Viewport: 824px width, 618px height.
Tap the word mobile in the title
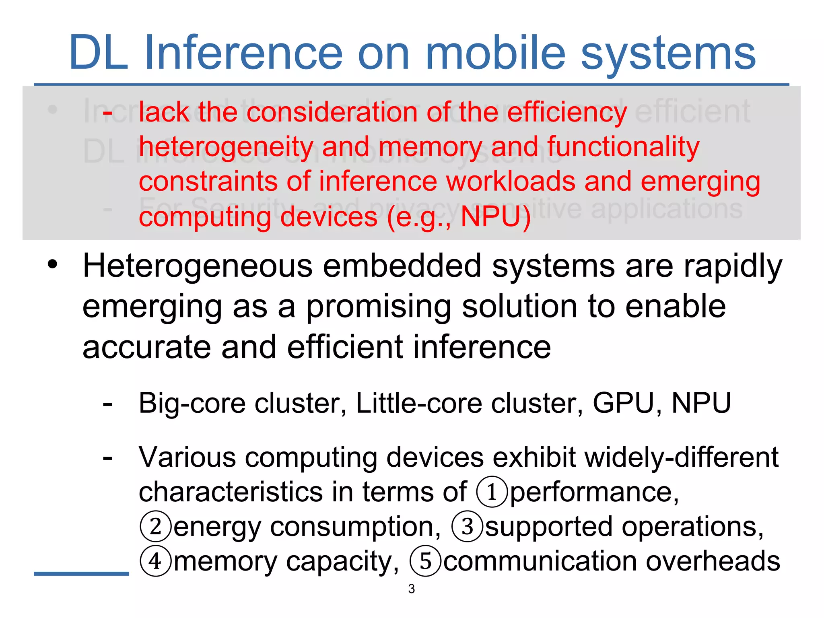495,53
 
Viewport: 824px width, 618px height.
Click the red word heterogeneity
226,147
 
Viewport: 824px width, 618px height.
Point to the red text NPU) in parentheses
495,217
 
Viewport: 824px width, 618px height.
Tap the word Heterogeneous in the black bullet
198,266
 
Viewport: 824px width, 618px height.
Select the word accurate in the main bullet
146,348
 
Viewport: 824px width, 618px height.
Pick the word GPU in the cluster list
623,403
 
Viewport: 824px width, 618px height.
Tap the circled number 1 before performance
491,492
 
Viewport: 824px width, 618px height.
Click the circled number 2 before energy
156,527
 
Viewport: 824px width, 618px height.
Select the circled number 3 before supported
467,527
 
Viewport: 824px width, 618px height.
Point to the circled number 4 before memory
156,561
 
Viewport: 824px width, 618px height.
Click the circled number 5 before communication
425,561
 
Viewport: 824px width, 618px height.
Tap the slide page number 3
411,589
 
